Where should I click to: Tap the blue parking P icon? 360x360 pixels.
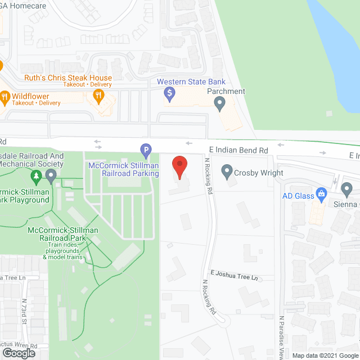click(146, 150)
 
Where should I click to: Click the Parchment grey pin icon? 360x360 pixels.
click(220, 103)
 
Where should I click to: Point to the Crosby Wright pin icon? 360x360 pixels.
click(227, 171)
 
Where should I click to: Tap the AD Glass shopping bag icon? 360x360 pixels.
click(322, 195)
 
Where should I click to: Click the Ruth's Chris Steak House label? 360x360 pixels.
click(67, 78)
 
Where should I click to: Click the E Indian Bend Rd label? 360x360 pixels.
click(238, 151)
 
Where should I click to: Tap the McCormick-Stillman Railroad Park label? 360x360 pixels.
click(62, 235)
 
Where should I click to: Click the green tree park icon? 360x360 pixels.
click(36, 178)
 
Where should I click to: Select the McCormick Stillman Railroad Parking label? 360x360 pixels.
click(124, 169)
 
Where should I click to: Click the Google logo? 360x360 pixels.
click(18, 353)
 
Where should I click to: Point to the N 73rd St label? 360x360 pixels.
click(25, 312)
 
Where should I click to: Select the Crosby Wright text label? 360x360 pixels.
click(259, 173)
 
